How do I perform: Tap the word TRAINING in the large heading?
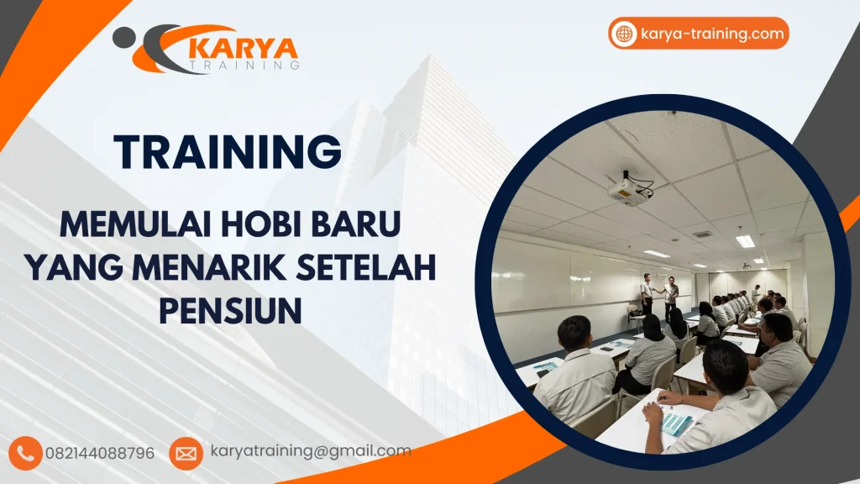228,152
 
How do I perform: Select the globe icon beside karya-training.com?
624,34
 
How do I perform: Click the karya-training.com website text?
712,34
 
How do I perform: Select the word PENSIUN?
229,312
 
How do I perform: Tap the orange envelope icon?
186,453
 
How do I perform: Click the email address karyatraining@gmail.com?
311,451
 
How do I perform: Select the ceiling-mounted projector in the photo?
632,189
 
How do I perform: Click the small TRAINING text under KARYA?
244,65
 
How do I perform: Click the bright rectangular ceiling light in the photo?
745,241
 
